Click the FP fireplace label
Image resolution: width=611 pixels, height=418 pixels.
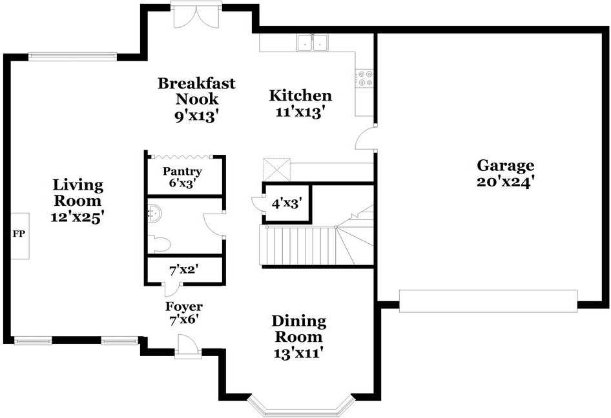19,234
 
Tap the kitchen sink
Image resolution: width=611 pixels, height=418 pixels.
313,43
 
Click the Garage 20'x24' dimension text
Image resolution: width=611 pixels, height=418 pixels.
506,182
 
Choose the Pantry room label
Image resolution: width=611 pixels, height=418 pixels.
182,171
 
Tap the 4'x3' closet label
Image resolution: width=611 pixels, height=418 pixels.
287,203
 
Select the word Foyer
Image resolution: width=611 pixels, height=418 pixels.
184,306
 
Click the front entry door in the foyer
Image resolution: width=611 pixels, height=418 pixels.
188,346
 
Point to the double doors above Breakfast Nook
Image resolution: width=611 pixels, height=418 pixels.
196,15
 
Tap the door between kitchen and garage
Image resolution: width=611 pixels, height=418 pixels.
366,138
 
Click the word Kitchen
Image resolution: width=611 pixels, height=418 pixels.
300,95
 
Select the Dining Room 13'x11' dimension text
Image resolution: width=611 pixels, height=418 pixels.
298,353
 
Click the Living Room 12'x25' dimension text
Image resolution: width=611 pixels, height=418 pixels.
77,217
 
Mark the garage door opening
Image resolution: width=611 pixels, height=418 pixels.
488,301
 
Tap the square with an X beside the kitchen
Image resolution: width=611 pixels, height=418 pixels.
276,169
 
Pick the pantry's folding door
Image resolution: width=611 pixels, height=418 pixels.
181,157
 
